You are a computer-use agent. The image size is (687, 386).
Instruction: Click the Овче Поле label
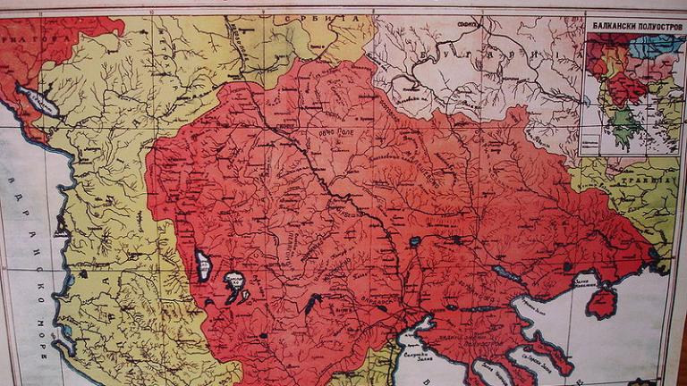323,135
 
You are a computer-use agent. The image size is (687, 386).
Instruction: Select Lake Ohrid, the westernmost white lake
203,265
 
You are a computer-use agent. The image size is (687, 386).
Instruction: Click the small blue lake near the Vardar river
413,241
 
